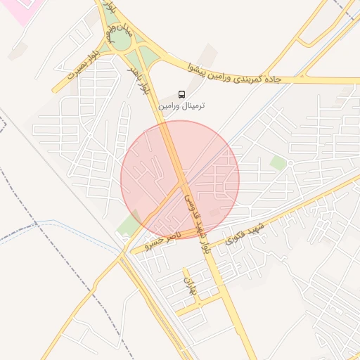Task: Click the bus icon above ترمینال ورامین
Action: tap(182, 94)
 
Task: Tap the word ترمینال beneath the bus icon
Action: tap(193, 105)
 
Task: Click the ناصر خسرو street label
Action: tap(162, 241)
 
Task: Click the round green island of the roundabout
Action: tap(121, 41)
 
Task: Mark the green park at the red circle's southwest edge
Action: tap(129, 224)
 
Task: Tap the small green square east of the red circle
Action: tap(278, 163)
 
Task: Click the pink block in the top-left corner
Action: tap(21, 11)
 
